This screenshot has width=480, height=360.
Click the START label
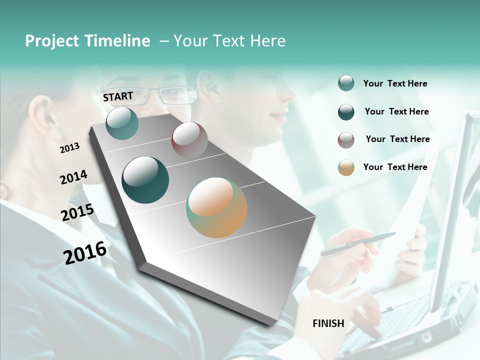pyautogui.click(x=118, y=96)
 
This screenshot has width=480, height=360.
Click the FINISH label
pyautogui.click(x=328, y=323)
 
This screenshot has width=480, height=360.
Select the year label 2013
pyautogui.click(x=69, y=148)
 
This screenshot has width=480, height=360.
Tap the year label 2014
pyautogui.click(x=73, y=177)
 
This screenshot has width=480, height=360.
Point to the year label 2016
pyautogui.click(x=85, y=253)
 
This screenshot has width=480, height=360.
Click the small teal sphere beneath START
pyautogui.click(x=122, y=123)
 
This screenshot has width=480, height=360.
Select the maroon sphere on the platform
pyautogui.click(x=189, y=139)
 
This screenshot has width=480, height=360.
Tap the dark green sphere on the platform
pyautogui.click(x=145, y=180)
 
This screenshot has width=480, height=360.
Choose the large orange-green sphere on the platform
pyautogui.click(x=216, y=207)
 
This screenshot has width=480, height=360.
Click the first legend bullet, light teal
pyautogui.click(x=346, y=83)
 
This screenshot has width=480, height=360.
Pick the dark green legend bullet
pyautogui.click(x=346, y=112)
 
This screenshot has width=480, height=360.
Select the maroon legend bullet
pyautogui.click(x=346, y=140)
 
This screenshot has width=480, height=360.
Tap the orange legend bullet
pyautogui.click(x=346, y=167)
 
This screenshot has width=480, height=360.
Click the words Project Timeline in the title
pyautogui.click(x=87, y=41)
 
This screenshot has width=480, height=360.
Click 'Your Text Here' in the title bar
pyautogui.click(x=229, y=41)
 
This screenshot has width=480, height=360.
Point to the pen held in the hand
pyautogui.click(x=357, y=243)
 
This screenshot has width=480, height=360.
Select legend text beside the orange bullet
pyautogui.click(x=395, y=167)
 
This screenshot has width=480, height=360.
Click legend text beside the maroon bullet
pyautogui.click(x=397, y=139)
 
